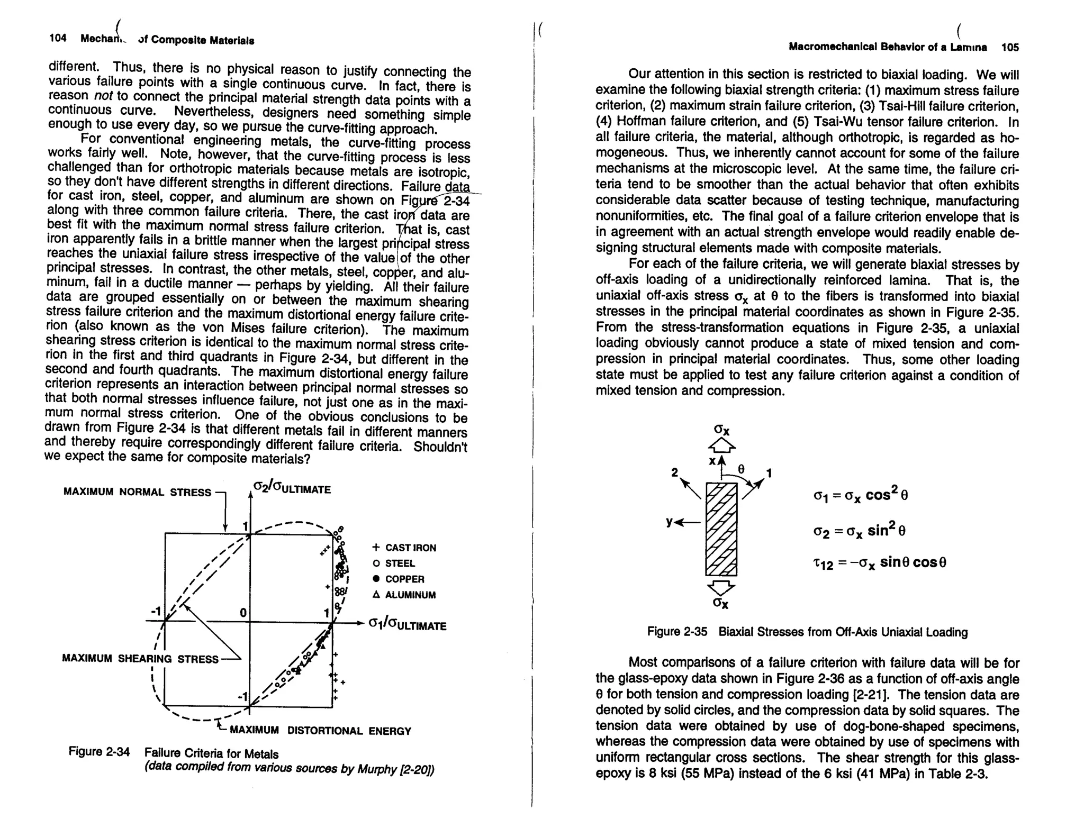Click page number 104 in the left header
[x=58, y=38]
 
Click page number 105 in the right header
[x=1010, y=47]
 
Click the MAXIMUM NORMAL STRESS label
[x=137, y=492]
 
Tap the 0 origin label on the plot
[x=243, y=612]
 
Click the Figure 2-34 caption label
[x=99, y=751]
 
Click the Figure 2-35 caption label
[x=677, y=632]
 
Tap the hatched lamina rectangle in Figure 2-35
[x=721, y=529]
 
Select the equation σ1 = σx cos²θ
[x=861, y=496]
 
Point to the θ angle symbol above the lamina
[x=741, y=469]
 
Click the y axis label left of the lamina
[x=670, y=522]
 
